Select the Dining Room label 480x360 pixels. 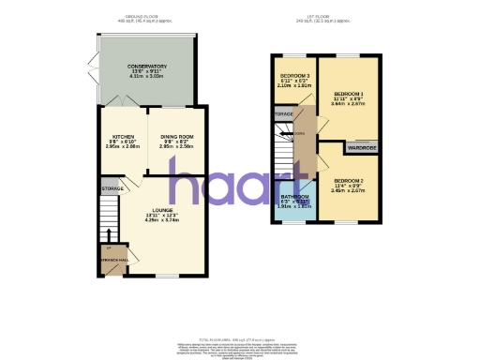point(175,142)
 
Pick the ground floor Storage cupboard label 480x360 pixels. point(112,189)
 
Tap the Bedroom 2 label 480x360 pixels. point(347,184)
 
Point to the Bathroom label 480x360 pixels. point(295,201)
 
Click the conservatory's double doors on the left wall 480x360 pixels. point(97,70)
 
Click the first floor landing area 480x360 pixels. point(306,136)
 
